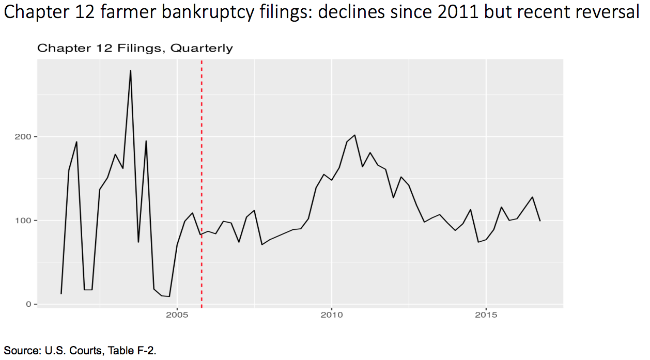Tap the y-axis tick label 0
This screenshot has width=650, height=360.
28,304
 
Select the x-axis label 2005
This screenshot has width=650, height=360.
177,315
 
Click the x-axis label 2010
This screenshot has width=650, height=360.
331,315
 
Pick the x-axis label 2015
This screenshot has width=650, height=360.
486,315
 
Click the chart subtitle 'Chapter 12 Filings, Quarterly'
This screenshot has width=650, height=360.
135,49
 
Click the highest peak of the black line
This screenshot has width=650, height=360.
130,71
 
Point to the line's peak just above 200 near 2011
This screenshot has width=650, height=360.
354,135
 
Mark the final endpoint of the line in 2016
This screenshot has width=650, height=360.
540,221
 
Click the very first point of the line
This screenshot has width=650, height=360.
61,293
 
